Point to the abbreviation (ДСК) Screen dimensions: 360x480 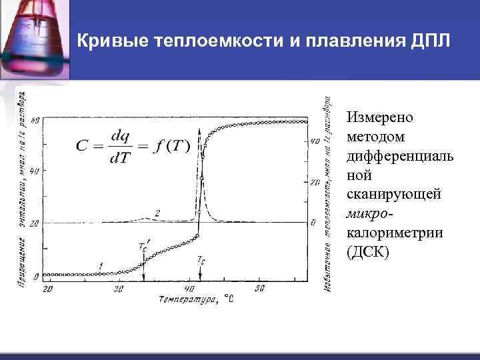tap(368, 253)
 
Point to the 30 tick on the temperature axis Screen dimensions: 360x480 tap(119, 288)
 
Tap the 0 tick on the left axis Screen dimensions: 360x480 tap(38, 273)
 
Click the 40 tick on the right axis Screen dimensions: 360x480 tap(315, 142)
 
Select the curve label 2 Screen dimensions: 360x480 tap(157, 213)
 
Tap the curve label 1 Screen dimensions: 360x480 tap(100, 266)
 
